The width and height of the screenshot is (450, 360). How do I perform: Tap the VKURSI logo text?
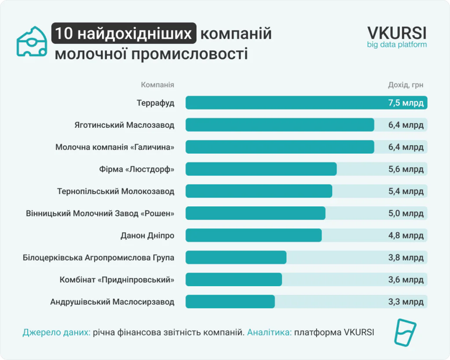click(x=397, y=33)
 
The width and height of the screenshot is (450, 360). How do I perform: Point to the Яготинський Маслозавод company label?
click(x=124, y=125)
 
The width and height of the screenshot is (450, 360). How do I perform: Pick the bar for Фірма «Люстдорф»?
click(x=261, y=169)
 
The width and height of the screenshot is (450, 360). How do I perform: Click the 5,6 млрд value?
click(x=406, y=169)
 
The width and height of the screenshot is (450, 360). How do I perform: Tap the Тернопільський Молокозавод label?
click(x=116, y=191)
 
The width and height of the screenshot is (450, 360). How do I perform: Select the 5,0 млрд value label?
click(x=406, y=213)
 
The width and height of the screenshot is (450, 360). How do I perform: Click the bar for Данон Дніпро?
click(x=254, y=235)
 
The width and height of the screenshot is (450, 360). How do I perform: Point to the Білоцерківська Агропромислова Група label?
click(x=98, y=258)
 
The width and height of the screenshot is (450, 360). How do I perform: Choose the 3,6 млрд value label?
click(x=406, y=280)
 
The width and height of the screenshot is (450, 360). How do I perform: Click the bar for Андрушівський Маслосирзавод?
click(x=230, y=302)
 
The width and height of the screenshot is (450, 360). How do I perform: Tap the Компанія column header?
click(x=157, y=85)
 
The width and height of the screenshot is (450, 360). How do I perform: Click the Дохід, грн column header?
click(x=406, y=85)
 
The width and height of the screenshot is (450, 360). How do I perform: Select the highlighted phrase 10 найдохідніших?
click(x=123, y=33)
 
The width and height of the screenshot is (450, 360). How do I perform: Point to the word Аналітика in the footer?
click(x=269, y=332)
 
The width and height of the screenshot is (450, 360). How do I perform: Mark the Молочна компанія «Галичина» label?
click(x=115, y=147)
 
